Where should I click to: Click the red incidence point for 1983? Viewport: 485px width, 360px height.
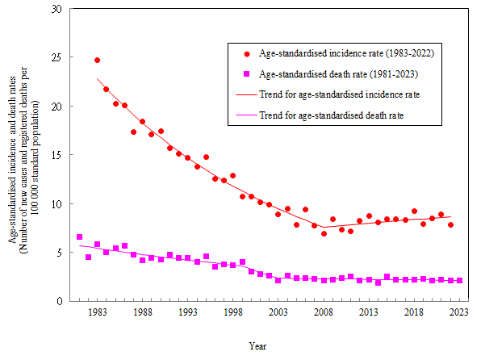(98, 60)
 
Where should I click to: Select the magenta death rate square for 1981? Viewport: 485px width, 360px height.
(79, 237)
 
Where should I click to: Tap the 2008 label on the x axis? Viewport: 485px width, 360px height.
(322, 312)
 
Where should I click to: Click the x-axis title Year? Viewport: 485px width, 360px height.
(258, 346)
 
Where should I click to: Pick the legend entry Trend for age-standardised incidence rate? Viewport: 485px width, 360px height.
(339, 94)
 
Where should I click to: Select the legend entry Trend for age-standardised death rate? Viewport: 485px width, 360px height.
(331, 115)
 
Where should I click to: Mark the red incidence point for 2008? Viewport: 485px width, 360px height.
(324, 233)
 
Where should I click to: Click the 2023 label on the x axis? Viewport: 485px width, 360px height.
(458, 312)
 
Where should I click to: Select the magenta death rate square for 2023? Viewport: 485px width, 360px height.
(459, 280)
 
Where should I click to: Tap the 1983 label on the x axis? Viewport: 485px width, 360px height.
(98, 312)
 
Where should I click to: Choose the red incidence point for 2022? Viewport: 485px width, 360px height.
(450, 224)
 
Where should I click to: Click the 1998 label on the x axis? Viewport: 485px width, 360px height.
(232, 312)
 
